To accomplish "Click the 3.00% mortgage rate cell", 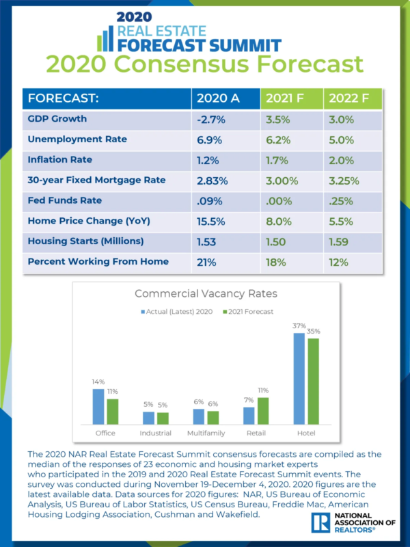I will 282,181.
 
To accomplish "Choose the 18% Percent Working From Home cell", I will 275,261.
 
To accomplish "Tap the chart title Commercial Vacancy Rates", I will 204,295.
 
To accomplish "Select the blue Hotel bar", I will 299,379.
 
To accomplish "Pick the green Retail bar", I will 262,411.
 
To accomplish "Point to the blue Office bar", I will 98,407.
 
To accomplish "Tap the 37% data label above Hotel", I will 299,326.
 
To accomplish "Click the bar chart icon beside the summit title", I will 105,40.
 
